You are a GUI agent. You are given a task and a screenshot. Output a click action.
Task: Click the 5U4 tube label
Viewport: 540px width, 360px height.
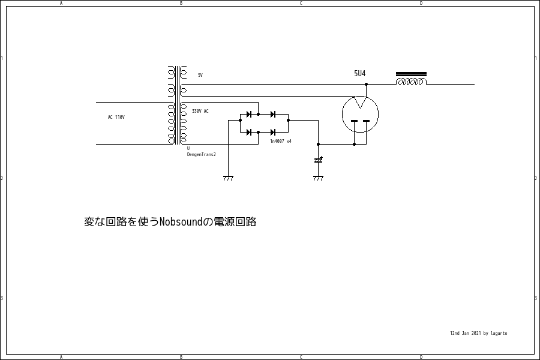(359, 74)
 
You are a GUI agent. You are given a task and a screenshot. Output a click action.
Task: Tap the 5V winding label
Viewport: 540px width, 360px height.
(200, 75)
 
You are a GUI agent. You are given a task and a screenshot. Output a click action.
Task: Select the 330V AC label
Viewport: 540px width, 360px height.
(200, 112)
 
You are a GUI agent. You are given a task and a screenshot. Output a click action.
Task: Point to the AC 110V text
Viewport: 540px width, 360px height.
(116, 117)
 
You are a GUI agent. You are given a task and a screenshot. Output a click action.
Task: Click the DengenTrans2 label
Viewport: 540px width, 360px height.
(201, 155)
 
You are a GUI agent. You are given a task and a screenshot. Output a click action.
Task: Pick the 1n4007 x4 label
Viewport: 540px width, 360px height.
(281, 141)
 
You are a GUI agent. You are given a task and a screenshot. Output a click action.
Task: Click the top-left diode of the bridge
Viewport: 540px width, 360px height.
(249, 114)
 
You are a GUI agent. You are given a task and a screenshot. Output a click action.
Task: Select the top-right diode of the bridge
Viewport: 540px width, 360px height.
(273, 114)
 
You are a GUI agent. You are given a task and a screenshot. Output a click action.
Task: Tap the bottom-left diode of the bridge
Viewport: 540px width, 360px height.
(249, 132)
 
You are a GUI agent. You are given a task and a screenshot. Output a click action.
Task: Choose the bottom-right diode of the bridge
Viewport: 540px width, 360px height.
(273, 132)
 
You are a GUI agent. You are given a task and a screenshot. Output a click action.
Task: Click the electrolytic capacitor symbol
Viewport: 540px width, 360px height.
(318, 160)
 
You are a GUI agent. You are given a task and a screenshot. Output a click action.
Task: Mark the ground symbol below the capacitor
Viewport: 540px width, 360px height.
(318, 178)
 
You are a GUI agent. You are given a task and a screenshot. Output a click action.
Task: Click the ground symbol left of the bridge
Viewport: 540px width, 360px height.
(228, 178)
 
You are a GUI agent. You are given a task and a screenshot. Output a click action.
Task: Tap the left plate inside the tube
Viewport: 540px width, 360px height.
(354, 122)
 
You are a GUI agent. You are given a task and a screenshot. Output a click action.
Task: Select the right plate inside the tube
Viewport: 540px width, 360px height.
(366, 122)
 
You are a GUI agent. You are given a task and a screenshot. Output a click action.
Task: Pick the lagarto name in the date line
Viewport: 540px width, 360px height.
(499, 333)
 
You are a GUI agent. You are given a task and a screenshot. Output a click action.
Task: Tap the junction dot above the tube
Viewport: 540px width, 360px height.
(366, 84)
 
